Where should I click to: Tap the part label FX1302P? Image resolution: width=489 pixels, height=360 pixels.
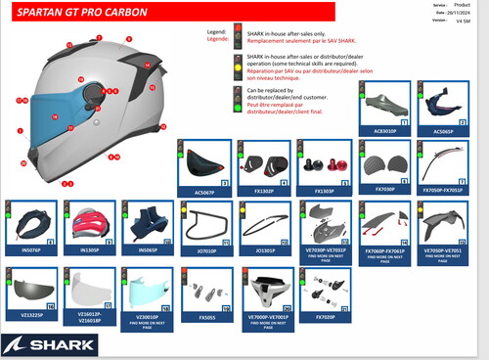[264, 192]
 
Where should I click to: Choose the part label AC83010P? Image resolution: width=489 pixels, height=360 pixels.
[385, 128]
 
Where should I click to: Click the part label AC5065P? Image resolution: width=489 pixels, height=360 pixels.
[443, 128]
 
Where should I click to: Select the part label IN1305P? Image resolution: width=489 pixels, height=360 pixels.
[90, 249]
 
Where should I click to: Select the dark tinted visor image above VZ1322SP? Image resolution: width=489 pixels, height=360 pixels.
[32, 289]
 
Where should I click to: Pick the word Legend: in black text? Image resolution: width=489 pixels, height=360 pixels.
[218, 32]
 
